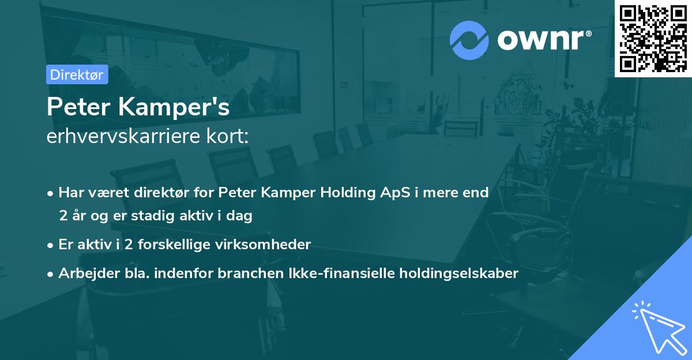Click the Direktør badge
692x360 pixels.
(77, 74)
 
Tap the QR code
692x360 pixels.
(652, 38)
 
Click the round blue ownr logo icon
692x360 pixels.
(469, 40)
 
